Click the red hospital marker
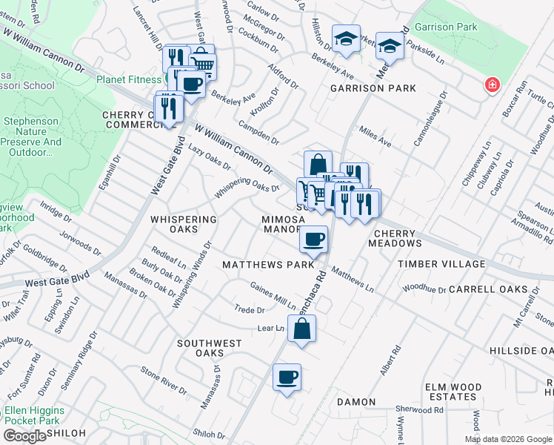click(x=490, y=87)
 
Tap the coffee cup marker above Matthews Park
click(x=314, y=240)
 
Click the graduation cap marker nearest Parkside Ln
click(x=389, y=46)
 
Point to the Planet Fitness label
click(x=129, y=79)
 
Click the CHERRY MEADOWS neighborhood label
click(x=393, y=243)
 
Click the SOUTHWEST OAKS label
click(x=210, y=349)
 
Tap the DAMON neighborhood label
click(x=356, y=402)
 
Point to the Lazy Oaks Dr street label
click(x=210, y=157)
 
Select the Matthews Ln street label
click(x=353, y=278)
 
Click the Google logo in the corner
click(x=24, y=436)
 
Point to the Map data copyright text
click(x=509, y=439)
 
